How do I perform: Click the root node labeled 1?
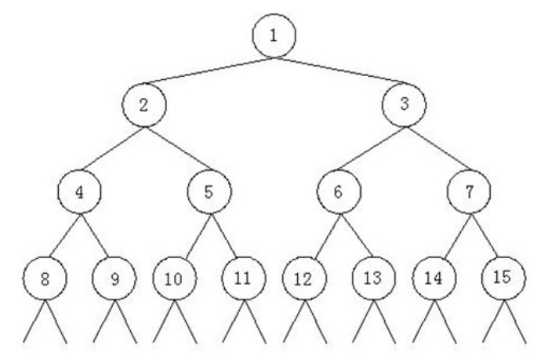(x=273, y=36)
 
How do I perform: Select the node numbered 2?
(x=143, y=106)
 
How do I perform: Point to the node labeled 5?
(x=208, y=191)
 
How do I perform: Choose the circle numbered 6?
(x=338, y=191)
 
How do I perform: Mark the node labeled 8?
(x=44, y=278)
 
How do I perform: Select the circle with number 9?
(x=114, y=278)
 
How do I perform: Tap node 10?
(x=173, y=278)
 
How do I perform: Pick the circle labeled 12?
(x=305, y=278)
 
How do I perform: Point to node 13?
(x=374, y=278)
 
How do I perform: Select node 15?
(x=503, y=278)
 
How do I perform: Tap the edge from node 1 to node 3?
(x=339, y=68)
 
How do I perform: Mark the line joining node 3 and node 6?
(x=371, y=148)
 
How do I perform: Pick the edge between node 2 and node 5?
(x=176, y=148)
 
